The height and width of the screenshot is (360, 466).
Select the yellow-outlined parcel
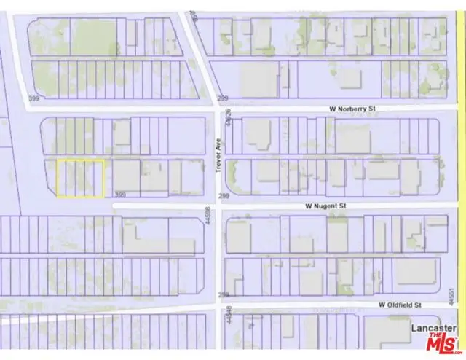(80, 179)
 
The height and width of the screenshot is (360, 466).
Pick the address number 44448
(228, 315)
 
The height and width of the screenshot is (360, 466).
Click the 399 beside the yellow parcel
(121, 195)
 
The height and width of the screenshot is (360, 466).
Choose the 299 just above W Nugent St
(224, 196)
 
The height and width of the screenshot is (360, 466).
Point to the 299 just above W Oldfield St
(224, 294)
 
